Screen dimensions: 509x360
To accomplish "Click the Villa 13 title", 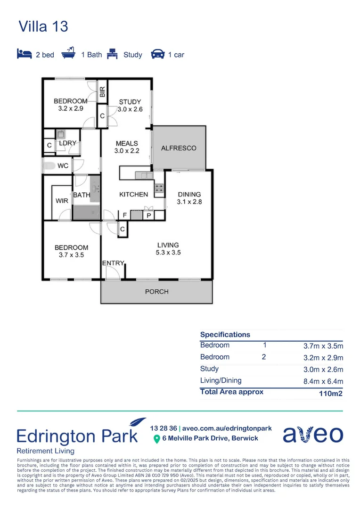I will [43, 26].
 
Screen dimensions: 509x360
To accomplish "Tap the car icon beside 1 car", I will [157, 54].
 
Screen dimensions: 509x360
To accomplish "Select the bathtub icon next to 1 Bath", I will [71, 53].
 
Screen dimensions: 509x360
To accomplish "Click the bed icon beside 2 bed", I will [24, 54].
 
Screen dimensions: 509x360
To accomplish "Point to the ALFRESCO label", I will [179, 148].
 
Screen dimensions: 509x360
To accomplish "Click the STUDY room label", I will [130, 102].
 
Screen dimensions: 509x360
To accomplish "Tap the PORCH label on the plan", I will [156, 292].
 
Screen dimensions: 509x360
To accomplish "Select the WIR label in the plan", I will [62, 201].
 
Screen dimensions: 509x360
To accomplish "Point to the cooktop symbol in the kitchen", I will [159, 189].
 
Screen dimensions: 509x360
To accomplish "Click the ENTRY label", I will [113, 263].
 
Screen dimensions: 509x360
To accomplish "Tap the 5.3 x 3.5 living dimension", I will [168, 253].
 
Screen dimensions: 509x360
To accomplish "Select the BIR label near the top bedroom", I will [102, 90].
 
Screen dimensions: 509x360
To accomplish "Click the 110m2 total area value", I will [331, 393].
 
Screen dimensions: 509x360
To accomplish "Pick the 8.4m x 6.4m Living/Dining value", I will [323, 381].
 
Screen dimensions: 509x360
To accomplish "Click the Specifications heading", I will [225, 335].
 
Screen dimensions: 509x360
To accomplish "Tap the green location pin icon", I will [157, 439].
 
